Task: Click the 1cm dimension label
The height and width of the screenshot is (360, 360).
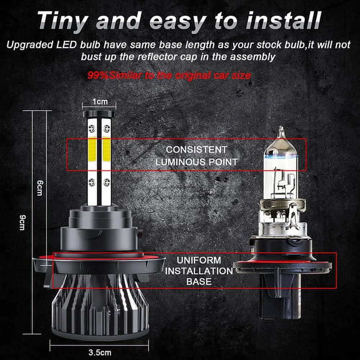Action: coord(99,102)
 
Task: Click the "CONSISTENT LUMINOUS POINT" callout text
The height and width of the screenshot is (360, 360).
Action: coord(196,156)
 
